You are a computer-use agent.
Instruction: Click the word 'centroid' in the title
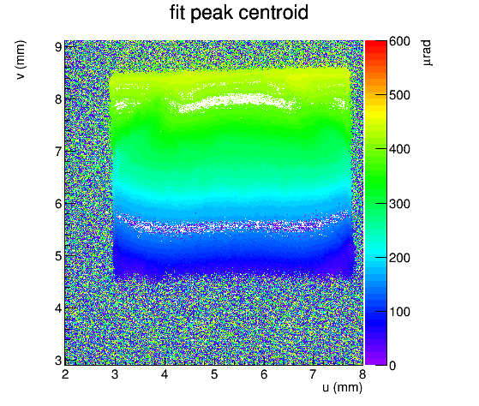coord(273,13)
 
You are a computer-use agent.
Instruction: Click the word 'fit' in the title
coord(177,13)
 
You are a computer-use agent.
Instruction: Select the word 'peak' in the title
coord(212,15)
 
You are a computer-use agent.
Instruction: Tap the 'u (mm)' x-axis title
coord(342,387)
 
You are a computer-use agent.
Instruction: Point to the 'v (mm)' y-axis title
coord(21,60)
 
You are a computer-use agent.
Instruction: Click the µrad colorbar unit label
coord(427,53)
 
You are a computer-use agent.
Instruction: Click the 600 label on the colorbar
coord(399,41)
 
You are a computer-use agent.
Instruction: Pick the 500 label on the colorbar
coord(399,95)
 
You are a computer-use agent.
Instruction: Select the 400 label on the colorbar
coord(399,149)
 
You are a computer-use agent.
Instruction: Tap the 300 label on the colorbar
coord(399,204)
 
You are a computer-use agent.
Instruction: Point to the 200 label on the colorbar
coord(399,258)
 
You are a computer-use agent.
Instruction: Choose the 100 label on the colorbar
coord(399,312)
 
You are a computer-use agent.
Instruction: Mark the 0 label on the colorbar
coord(392,366)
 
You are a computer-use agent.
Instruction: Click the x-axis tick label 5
coord(214,374)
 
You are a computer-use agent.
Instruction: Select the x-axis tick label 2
coord(65,374)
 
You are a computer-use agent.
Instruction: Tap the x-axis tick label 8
coord(362,374)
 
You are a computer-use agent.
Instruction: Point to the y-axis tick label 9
coord(58,47)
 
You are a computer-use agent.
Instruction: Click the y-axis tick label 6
coord(58,204)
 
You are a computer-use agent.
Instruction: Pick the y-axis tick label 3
coord(58,361)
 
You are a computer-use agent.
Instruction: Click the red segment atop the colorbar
coord(376,44)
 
